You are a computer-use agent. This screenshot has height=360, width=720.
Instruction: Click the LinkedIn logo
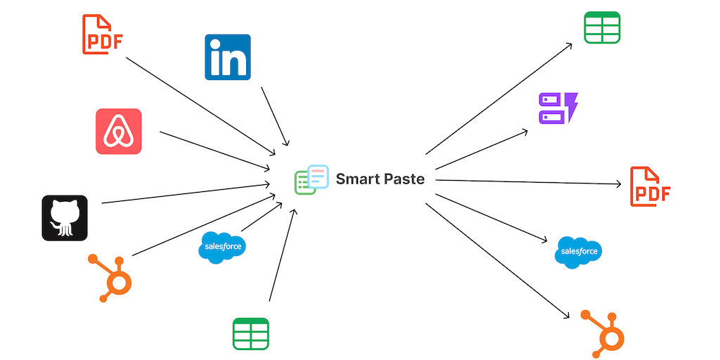[x=227, y=57]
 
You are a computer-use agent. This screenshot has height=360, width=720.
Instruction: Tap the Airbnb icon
[x=118, y=131]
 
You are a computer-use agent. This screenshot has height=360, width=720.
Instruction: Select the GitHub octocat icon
[x=64, y=218]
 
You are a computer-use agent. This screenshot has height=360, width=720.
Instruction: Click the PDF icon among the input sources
[x=103, y=35]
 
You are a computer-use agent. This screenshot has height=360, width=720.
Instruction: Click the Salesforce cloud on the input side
[x=222, y=247]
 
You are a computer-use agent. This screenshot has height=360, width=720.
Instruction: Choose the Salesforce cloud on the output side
[x=579, y=252]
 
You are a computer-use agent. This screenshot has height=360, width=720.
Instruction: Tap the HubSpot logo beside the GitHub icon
[x=112, y=277]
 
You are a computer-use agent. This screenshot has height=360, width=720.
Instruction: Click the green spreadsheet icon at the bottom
[x=251, y=334]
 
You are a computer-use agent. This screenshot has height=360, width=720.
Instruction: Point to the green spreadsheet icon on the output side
[x=602, y=27]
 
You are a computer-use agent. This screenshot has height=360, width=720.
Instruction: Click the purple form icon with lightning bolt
[x=558, y=108]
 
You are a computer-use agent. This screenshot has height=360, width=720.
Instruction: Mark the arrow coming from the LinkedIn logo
[x=274, y=116]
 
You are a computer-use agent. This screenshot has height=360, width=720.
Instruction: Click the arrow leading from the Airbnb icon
[x=214, y=150]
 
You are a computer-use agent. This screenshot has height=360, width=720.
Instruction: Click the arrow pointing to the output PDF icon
[x=527, y=183]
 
